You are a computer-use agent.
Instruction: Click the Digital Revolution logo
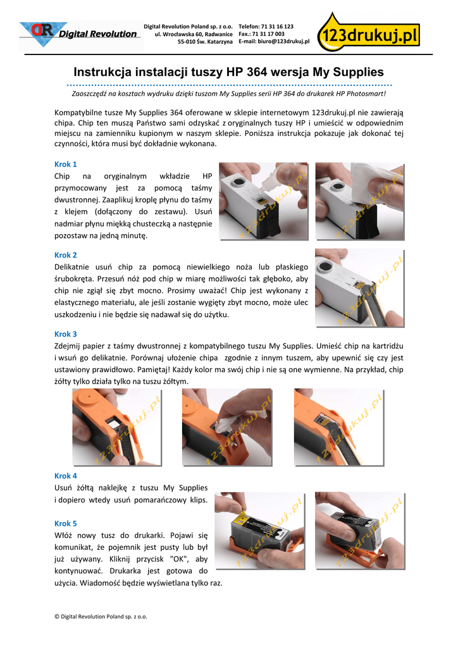pos(80,35)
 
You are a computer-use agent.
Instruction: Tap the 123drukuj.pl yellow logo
pos(369,32)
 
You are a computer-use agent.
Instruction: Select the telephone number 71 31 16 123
pos(277,27)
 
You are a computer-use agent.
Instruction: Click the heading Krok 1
pos(66,165)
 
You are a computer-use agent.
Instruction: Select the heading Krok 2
pos(66,256)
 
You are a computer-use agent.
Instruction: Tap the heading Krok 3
pos(66,334)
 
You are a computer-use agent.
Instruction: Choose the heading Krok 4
pos(66,476)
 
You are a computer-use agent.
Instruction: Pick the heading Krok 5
pos(66,523)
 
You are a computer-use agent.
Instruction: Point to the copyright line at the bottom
pos(101,616)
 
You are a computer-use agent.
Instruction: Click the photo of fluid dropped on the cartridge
pos(264,201)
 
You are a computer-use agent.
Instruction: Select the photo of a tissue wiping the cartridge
pos(360,201)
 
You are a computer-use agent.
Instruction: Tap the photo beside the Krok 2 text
pos(360,288)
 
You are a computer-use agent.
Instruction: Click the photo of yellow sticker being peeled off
pos(260,531)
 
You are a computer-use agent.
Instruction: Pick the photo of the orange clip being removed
pos(360,531)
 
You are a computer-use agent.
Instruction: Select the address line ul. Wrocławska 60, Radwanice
pos(194,34)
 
